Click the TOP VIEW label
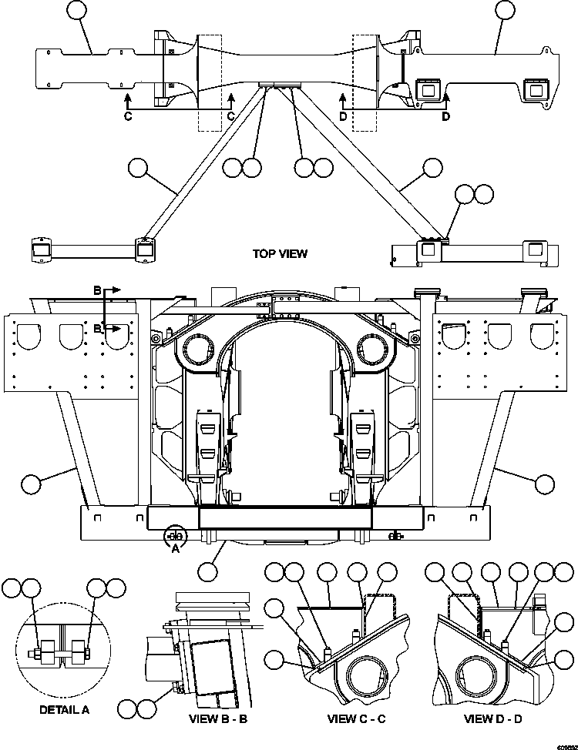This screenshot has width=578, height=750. pos(279,253)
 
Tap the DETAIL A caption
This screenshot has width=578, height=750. pos(65,709)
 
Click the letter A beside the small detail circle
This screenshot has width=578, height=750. pos(175,548)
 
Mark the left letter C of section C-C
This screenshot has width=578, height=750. pos(129,116)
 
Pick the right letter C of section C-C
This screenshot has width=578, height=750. pos(230,116)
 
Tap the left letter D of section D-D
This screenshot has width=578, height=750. pos(343,116)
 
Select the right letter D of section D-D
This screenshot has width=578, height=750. pos(445,116)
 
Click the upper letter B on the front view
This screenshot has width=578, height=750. pos(98,291)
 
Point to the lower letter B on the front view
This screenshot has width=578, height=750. pos(98,328)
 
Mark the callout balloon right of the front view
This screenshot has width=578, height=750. pos(544,484)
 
